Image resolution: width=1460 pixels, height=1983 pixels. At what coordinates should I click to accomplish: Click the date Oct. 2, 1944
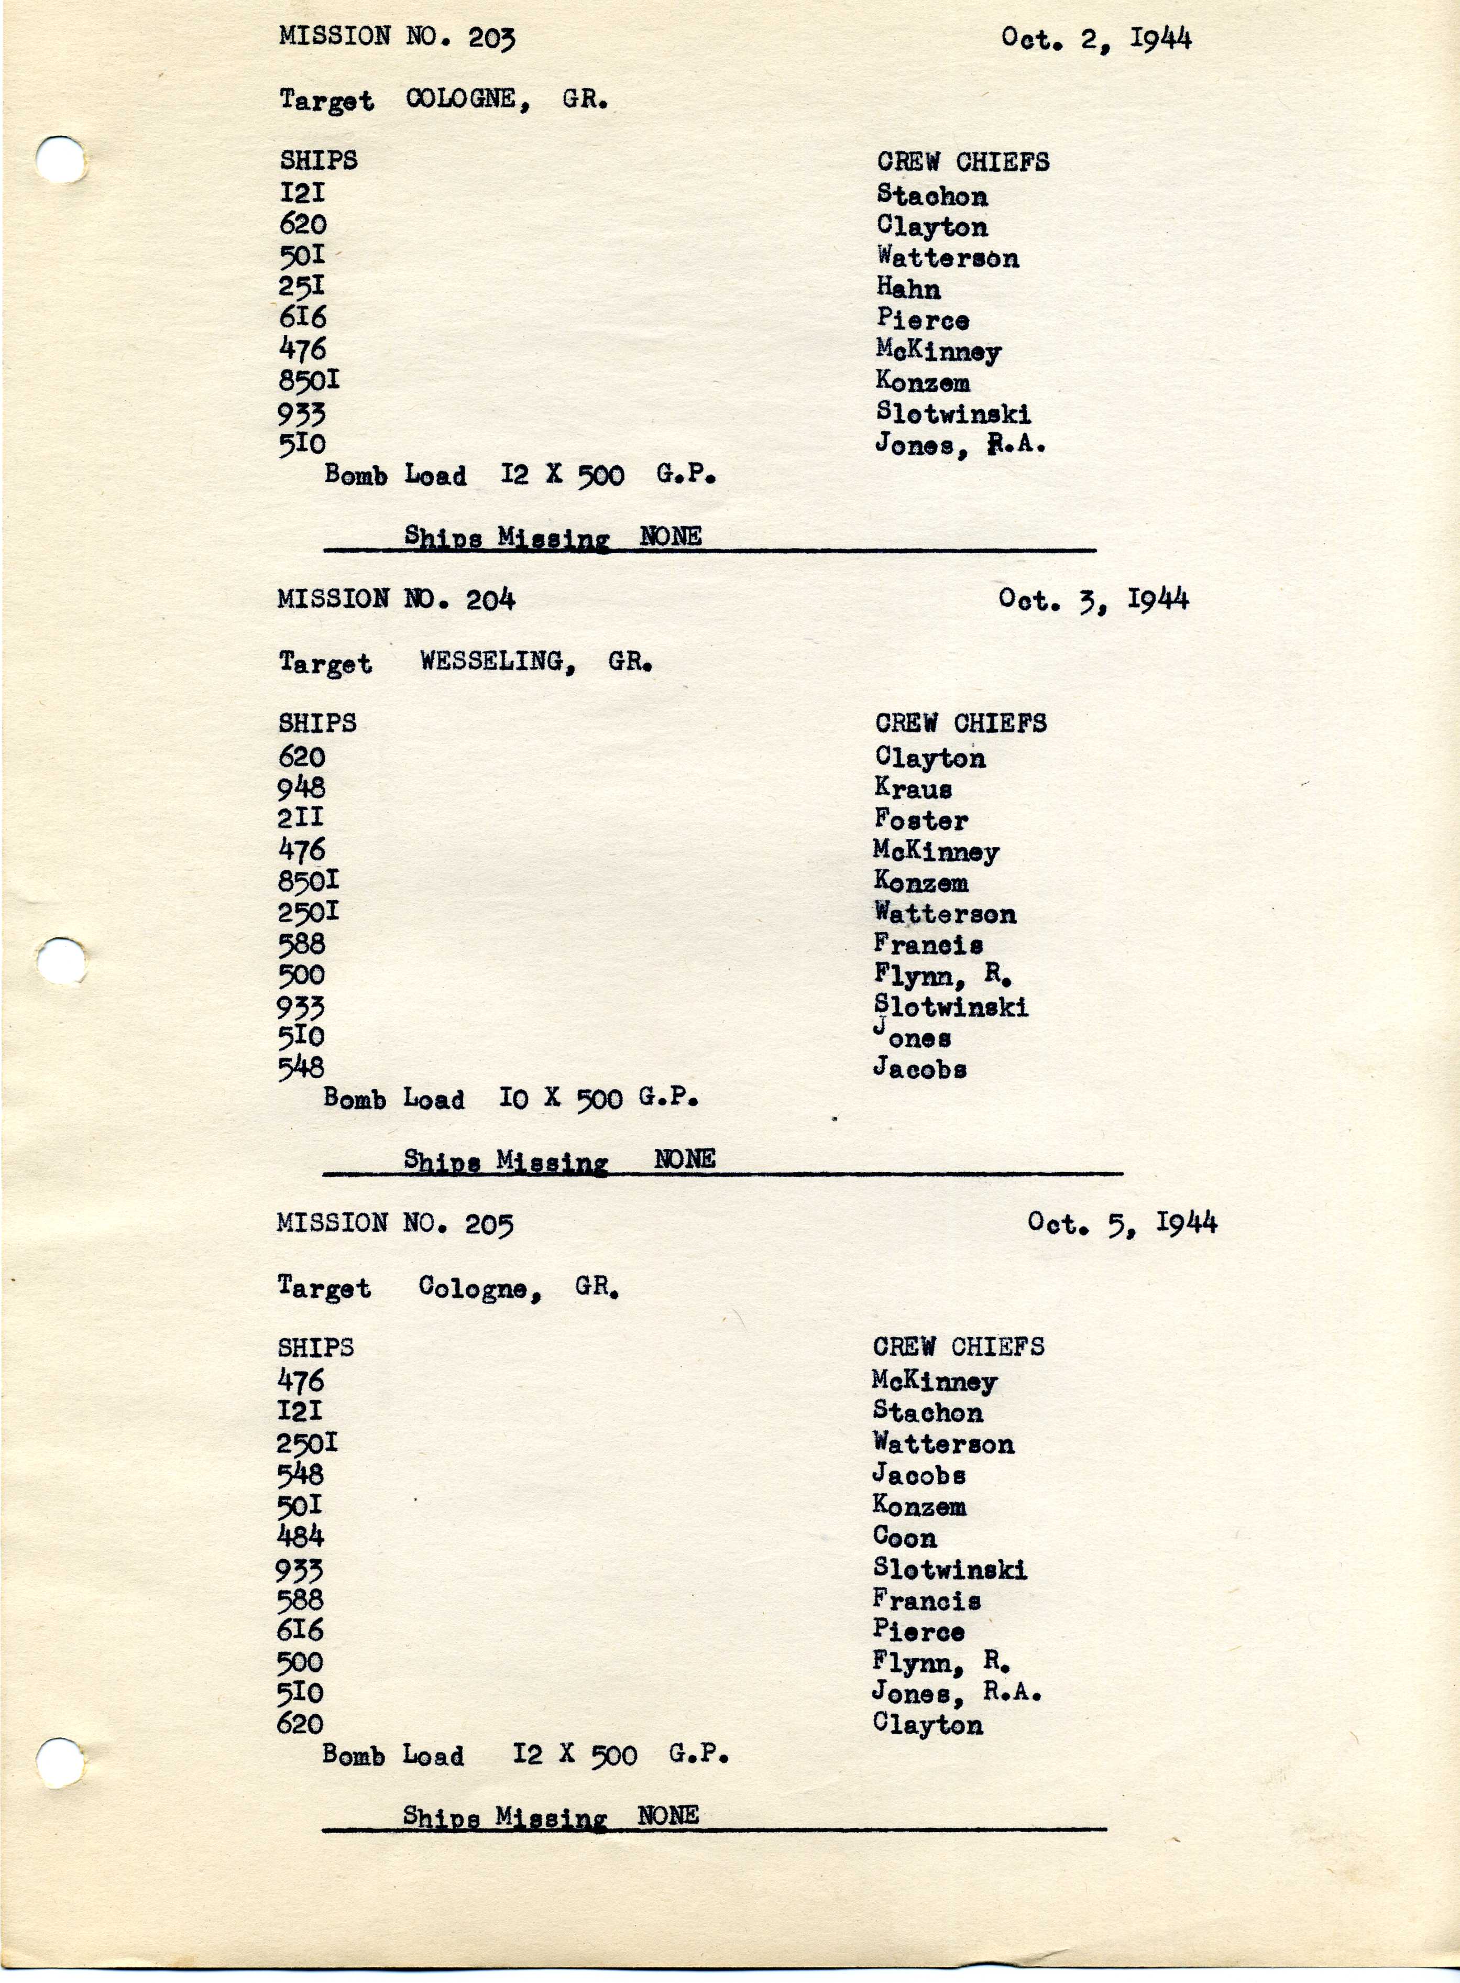(x=1096, y=39)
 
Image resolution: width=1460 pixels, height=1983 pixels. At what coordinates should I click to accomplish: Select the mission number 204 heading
(x=396, y=600)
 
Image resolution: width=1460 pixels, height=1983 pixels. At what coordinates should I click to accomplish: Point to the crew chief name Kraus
(x=913, y=788)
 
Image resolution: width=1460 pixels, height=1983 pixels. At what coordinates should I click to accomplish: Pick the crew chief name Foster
(x=921, y=820)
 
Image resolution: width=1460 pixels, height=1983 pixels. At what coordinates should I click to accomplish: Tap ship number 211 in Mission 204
(x=301, y=818)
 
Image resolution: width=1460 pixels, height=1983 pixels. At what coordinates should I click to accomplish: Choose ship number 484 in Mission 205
(x=301, y=1537)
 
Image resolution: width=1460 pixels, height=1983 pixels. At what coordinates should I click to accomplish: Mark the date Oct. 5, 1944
(x=1122, y=1224)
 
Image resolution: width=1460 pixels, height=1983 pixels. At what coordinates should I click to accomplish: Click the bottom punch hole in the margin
(x=60, y=1763)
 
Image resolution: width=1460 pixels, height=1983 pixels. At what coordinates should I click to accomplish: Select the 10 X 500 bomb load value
(x=598, y=1099)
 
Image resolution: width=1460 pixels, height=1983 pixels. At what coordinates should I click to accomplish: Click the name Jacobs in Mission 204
(x=919, y=1068)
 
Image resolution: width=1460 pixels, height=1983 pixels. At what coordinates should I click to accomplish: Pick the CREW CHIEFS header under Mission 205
(x=958, y=1347)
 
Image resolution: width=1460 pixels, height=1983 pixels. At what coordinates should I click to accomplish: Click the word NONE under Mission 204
(x=684, y=1158)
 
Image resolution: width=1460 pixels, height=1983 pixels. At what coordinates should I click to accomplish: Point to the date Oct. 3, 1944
(x=1093, y=600)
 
